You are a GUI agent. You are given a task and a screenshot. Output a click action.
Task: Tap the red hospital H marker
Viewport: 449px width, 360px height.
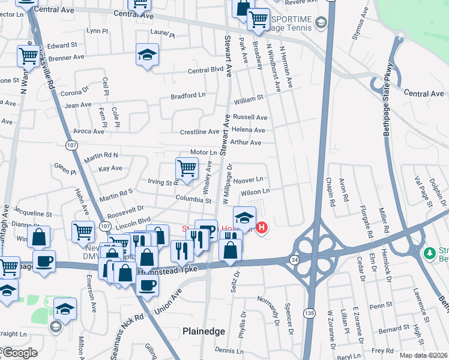(262, 227)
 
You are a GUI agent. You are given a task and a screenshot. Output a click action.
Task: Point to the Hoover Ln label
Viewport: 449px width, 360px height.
(249, 179)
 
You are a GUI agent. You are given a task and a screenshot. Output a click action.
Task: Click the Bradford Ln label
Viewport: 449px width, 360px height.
(188, 95)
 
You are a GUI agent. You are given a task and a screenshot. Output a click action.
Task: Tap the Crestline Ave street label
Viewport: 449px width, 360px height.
(200, 131)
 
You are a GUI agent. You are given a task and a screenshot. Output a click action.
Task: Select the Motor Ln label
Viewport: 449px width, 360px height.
(203, 153)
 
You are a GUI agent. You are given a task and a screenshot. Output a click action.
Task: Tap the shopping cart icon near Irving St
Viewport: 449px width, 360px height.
(187, 169)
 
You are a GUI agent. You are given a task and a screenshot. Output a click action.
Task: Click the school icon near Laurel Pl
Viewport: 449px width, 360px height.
(147, 55)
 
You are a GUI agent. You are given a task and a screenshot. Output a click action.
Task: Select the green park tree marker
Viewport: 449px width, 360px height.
(429, 253)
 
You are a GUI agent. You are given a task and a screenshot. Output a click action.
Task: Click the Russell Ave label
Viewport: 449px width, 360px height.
(250, 117)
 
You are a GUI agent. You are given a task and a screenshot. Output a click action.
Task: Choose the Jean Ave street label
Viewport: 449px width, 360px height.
(78, 105)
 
